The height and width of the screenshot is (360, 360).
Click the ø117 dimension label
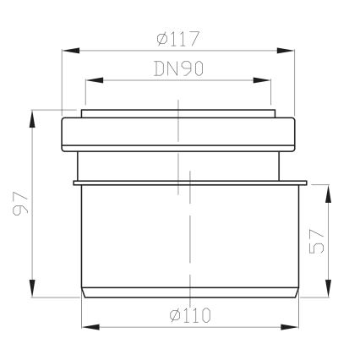(178, 39)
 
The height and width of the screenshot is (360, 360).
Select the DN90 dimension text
(178, 68)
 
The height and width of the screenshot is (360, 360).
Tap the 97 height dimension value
(21, 204)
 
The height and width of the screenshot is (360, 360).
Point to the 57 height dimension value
(317, 242)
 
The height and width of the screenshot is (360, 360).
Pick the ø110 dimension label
(190, 315)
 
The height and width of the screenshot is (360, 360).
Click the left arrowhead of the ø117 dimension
(71, 51)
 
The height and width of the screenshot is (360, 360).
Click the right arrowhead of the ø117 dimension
(286, 51)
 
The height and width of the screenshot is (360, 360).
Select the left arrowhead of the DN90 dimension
(94, 80)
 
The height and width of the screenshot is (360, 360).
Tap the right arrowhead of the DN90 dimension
(262, 80)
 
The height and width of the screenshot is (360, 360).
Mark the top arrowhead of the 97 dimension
(33, 119)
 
